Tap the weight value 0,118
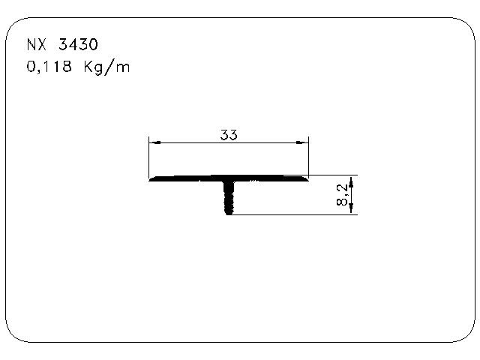click(49, 67)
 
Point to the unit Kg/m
click(109, 68)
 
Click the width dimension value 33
click(229, 135)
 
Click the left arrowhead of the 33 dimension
click(153, 141)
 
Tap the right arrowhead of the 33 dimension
click(304, 141)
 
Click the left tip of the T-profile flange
click(151, 180)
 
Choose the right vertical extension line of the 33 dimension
click(309, 157)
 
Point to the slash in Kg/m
click(110, 68)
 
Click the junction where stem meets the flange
click(229, 182)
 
